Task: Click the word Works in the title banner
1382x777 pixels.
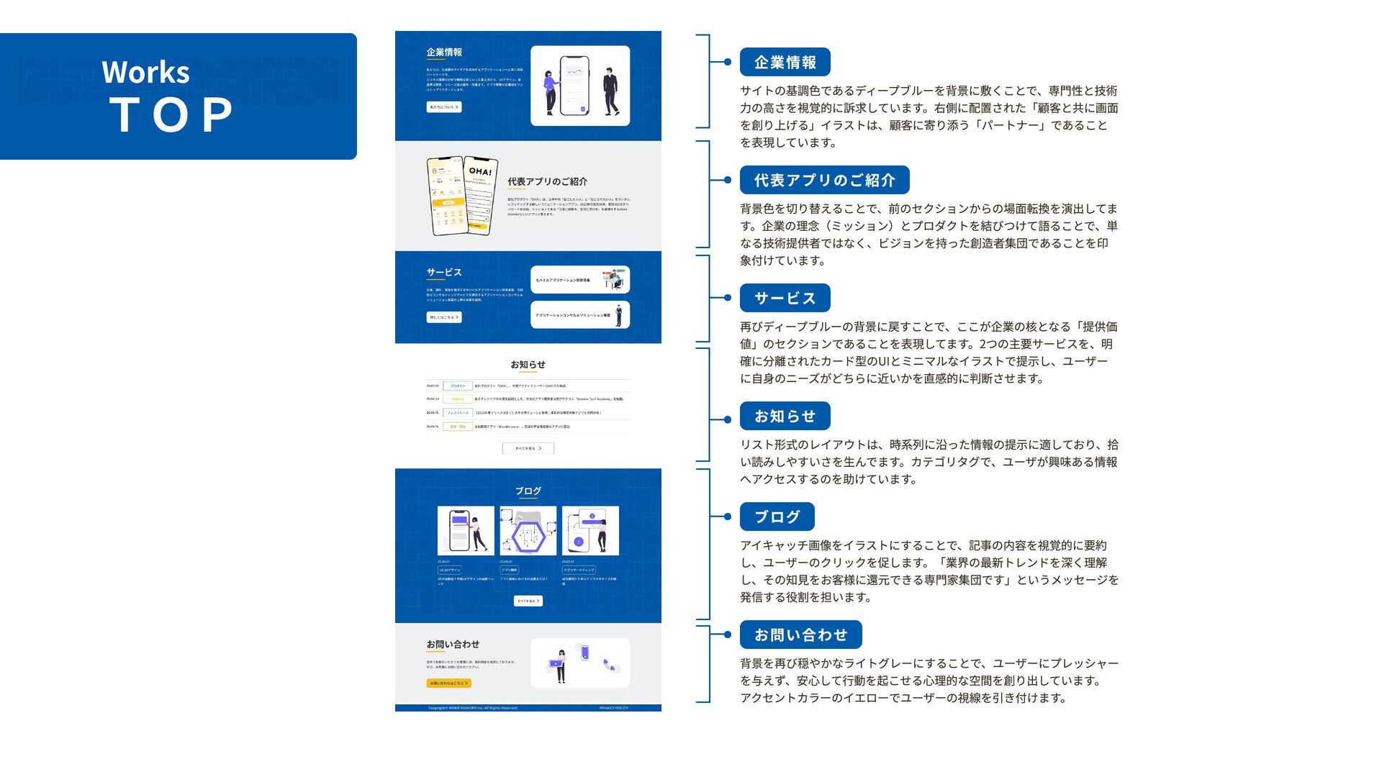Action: point(145,72)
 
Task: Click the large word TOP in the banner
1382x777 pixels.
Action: point(171,114)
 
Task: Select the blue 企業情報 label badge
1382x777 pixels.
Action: point(785,63)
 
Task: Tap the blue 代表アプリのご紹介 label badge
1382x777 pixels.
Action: point(824,180)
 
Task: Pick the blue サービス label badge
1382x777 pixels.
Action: point(785,298)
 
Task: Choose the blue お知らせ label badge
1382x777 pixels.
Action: point(785,416)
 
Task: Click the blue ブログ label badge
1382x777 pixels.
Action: point(777,517)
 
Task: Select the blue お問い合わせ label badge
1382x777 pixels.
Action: point(800,635)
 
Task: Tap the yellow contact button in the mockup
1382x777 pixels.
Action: point(448,683)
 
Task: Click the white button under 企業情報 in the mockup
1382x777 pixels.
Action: point(443,107)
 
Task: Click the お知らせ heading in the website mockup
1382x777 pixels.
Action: point(528,365)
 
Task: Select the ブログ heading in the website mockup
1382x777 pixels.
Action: point(528,491)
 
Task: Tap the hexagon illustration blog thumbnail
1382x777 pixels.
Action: point(528,531)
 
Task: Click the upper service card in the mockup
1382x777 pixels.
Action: point(579,280)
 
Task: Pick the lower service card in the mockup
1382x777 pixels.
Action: point(579,315)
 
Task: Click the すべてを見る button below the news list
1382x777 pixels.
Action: point(528,448)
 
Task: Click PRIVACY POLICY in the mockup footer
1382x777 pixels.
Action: point(613,708)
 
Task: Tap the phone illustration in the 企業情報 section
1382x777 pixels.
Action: point(574,86)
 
